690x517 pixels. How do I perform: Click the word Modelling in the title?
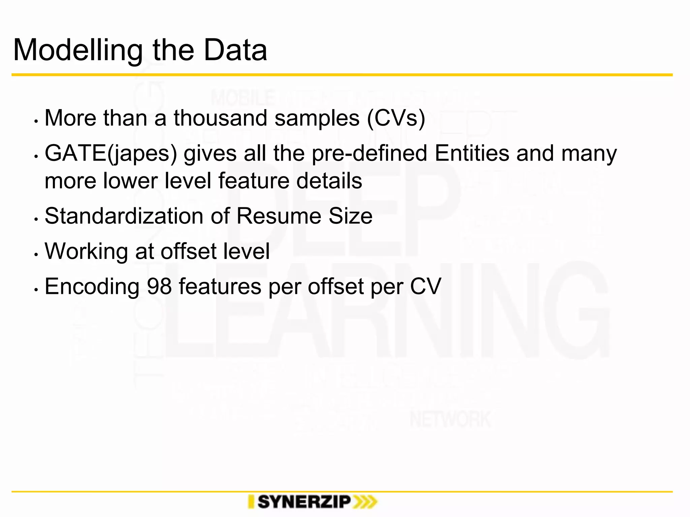(x=77, y=50)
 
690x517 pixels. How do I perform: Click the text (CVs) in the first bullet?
(x=396, y=118)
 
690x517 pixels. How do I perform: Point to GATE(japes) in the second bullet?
(x=111, y=153)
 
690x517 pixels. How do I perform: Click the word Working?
(x=86, y=251)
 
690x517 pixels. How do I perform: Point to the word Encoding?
(x=92, y=287)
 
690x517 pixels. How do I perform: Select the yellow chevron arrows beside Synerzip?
(x=365, y=502)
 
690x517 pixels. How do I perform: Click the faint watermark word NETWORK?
(x=450, y=420)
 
